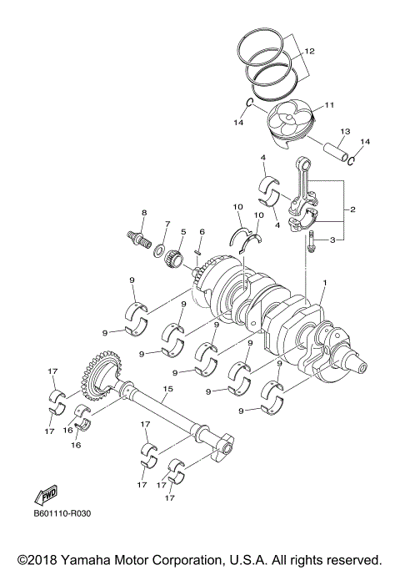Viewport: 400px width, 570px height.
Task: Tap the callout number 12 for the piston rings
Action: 309,52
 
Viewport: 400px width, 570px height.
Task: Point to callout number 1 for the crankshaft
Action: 324,284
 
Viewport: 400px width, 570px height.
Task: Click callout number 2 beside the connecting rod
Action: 353,209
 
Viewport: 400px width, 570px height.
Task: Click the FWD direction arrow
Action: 45,496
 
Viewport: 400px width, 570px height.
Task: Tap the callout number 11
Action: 328,105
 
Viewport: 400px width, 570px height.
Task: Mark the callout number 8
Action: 143,213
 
